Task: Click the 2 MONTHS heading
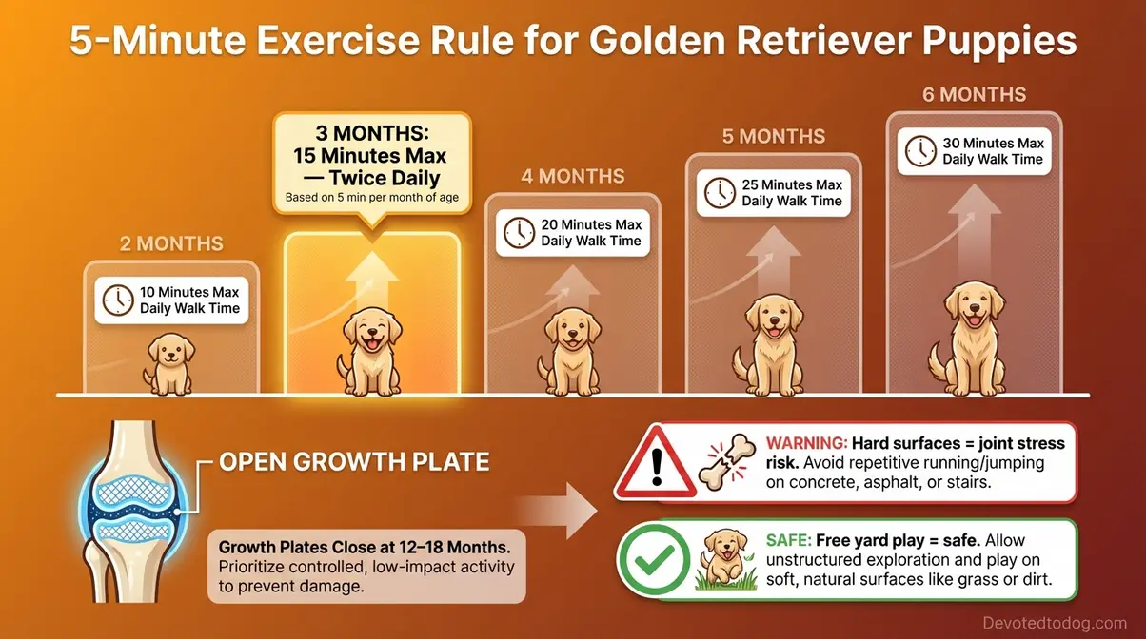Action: tap(170, 244)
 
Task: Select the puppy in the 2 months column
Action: tap(168, 365)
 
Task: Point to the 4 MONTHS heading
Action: tap(572, 177)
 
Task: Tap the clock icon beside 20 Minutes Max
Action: tap(519, 232)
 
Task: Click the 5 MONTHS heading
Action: tap(773, 136)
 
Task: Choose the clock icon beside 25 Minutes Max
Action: tap(720, 192)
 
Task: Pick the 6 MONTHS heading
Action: tap(975, 95)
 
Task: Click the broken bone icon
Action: tap(725, 463)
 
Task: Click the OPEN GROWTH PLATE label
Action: tap(354, 463)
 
